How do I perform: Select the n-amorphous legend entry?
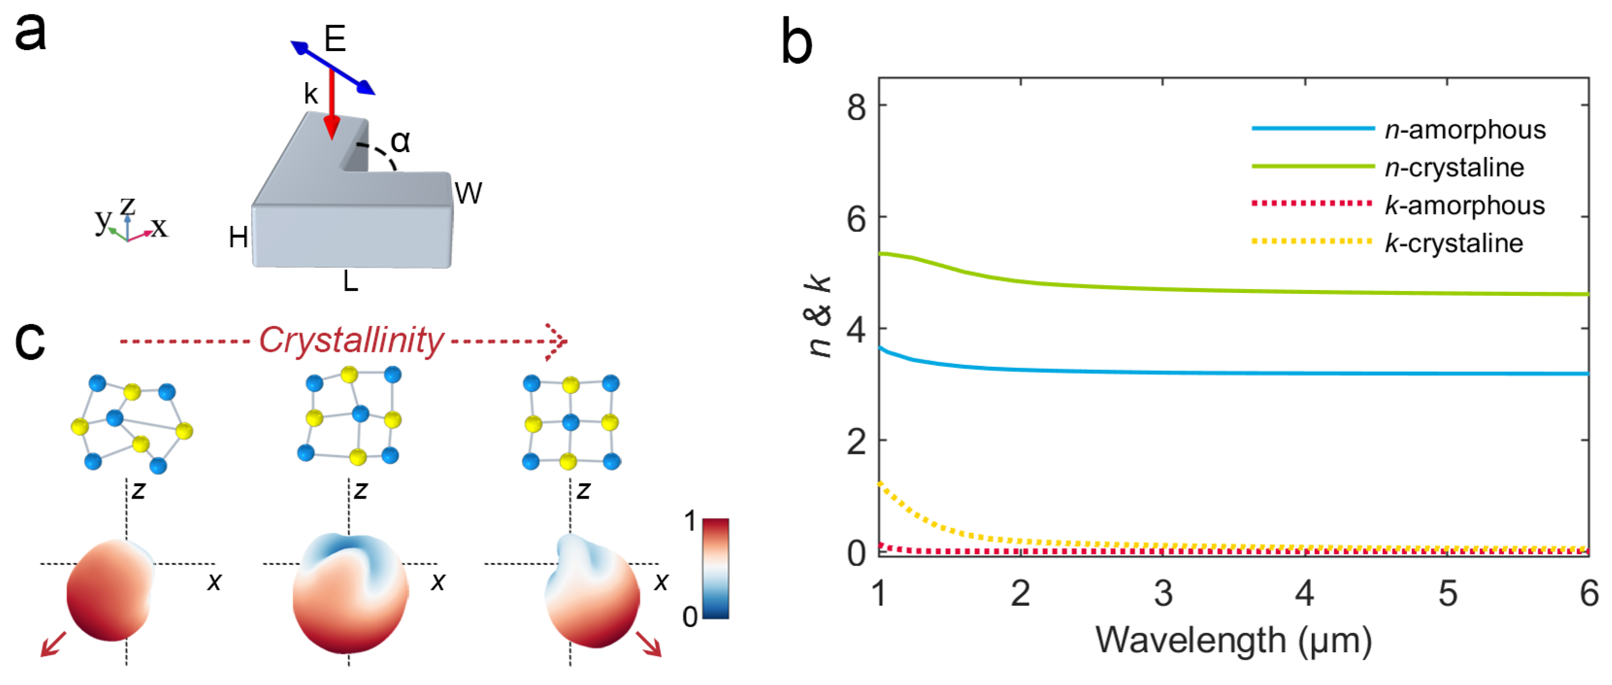pyautogui.click(x=1464, y=129)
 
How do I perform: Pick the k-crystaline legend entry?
pyautogui.click(x=1453, y=243)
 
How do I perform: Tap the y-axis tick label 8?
pyautogui.click(x=856, y=107)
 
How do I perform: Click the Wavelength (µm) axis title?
pyautogui.click(x=1233, y=640)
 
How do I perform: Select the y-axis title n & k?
pyautogui.click(x=819, y=316)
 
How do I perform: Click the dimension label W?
pyautogui.click(x=468, y=193)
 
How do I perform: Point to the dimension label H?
pyautogui.click(x=238, y=237)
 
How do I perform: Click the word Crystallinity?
pyautogui.click(x=351, y=341)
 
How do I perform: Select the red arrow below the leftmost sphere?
pyautogui.click(x=52, y=644)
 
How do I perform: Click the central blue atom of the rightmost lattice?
pyautogui.click(x=570, y=422)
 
